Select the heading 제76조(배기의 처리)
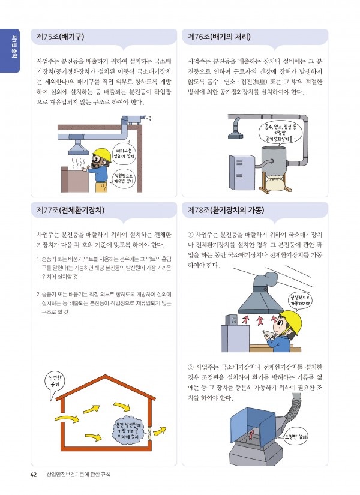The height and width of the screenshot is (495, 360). tap(219, 37)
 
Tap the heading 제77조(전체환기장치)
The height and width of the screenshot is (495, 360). tap(70, 210)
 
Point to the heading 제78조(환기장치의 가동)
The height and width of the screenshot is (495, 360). tap(226, 210)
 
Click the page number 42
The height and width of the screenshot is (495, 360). tap(34, 475)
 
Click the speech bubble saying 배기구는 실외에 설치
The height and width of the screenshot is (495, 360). tap(124, 154)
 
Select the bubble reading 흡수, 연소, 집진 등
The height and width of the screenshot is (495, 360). tap(279, 133)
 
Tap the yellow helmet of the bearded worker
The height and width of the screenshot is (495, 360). tap(101, 154)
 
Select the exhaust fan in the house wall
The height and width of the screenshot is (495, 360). tap(149, 431)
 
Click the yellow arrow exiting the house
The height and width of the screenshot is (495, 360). tap(160, 430)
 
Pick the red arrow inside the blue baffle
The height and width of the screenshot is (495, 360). tap(251, 434)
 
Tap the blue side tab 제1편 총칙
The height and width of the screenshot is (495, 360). tap(10, 51)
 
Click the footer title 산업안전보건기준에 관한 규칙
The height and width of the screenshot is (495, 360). tap(79, 475)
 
